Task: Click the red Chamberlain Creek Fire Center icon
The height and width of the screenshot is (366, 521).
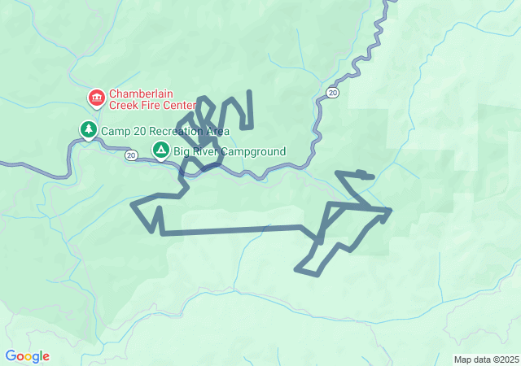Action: [x=97, y=98]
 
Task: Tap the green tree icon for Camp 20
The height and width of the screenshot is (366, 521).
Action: [x=87, y=129]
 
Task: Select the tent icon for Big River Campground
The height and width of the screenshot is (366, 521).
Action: [x=161, y=150]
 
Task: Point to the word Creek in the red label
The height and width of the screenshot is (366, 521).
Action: [x=128, y=106]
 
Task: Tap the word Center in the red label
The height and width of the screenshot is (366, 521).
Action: [x=181, y=106]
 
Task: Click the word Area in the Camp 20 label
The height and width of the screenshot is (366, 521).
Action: [x=217, y=131]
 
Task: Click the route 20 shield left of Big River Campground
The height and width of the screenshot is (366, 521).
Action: [x=130, y=155]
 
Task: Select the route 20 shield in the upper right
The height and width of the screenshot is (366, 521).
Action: [x=332, y=94]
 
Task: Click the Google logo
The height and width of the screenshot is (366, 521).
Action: [x=27, y=356]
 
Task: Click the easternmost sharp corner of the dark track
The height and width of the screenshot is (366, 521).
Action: [x=391, y=211]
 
